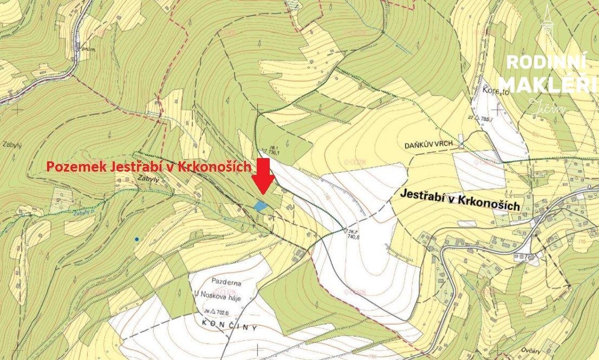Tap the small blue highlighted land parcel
tap(261, 206)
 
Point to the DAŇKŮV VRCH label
tap(427, 146)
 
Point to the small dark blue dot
tap(136, 239)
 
